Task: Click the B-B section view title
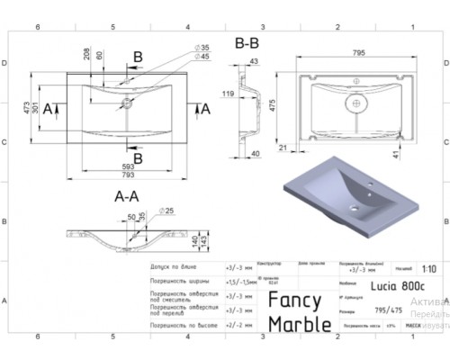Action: tap(248, 42)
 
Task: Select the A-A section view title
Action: tap(124, 194)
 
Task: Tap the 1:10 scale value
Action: tap(429, 267)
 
